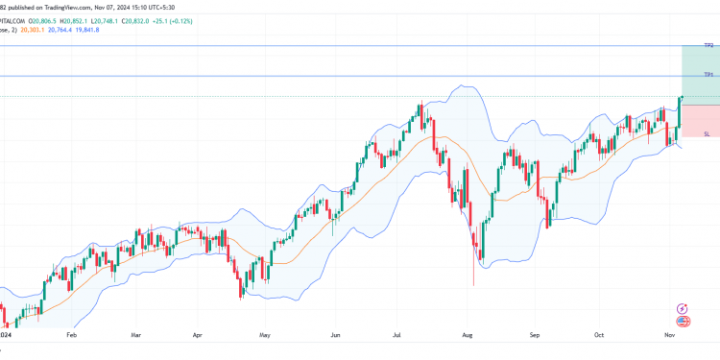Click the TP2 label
[708, 46]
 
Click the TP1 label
[708, 75]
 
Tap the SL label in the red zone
[707, 134]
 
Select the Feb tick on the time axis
[71, 337]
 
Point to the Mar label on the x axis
[135, 337]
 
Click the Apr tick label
[198, 337]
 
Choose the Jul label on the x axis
[396, 337]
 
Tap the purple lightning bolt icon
[683, 308]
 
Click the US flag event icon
[683, 322]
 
